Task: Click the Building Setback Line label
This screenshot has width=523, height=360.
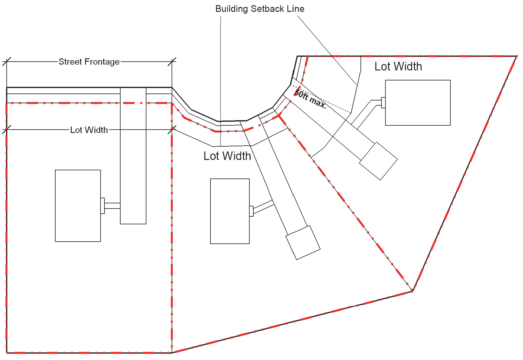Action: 260,9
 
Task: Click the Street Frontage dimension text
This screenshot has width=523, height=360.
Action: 89,62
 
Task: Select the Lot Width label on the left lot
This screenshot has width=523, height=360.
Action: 89,130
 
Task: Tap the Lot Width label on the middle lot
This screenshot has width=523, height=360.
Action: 227,156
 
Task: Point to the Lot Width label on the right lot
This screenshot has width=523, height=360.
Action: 398,66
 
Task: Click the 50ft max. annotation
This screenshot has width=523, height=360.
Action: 310,99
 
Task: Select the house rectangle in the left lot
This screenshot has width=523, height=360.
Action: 78,206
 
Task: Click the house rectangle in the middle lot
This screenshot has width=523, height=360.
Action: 230,211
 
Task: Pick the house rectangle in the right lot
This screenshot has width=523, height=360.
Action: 418,103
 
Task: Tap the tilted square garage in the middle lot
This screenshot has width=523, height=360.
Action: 303,243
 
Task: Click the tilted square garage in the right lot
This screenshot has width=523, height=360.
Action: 378,161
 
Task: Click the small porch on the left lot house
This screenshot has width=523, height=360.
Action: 103,206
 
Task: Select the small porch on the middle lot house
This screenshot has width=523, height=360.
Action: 251,211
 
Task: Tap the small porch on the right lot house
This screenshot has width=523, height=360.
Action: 383,103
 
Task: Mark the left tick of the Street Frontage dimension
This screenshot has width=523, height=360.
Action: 7,62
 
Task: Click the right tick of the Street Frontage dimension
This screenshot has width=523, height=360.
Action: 172,62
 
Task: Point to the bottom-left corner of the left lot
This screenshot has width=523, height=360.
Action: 7,353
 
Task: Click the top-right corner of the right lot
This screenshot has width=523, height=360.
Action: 517,56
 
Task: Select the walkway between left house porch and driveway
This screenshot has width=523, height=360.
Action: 112,206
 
